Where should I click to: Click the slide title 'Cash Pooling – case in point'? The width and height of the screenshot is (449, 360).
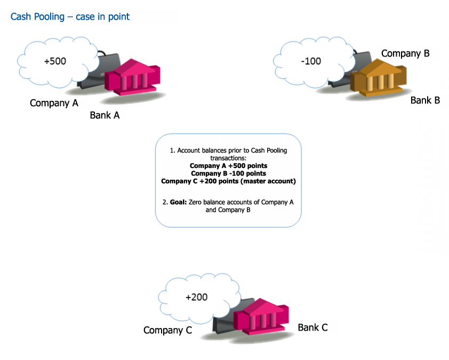pyautogui.click(x=70, y=17)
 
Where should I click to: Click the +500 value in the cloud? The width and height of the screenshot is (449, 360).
pyautogui.click(x=55, y=61)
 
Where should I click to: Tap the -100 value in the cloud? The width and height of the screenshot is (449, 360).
pyautogui.click(x=311, y=61)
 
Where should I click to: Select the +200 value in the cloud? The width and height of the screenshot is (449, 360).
pyautogui.click(x=196, y=298)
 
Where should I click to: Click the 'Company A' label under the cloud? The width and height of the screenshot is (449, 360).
pyautogui.click(x=54, y=103)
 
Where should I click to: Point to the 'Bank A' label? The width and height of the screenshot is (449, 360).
pyautogui.click(x=105, y=115)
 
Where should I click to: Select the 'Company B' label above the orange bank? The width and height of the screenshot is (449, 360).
pyautogui.click(x=405, y=53)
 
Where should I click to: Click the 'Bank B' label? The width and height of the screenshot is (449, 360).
pyautogui.click(x=425, y=100)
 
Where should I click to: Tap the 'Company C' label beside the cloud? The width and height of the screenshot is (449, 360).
pyautogui.click(x=167, y=331)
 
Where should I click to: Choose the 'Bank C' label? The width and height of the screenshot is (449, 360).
pyautogui.click(x=312, y=327)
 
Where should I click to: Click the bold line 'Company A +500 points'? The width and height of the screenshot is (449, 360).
pyautogui.click(x=228, y=166)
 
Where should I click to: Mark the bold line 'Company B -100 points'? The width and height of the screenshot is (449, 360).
pyautogui.click(x=228, y=173)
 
